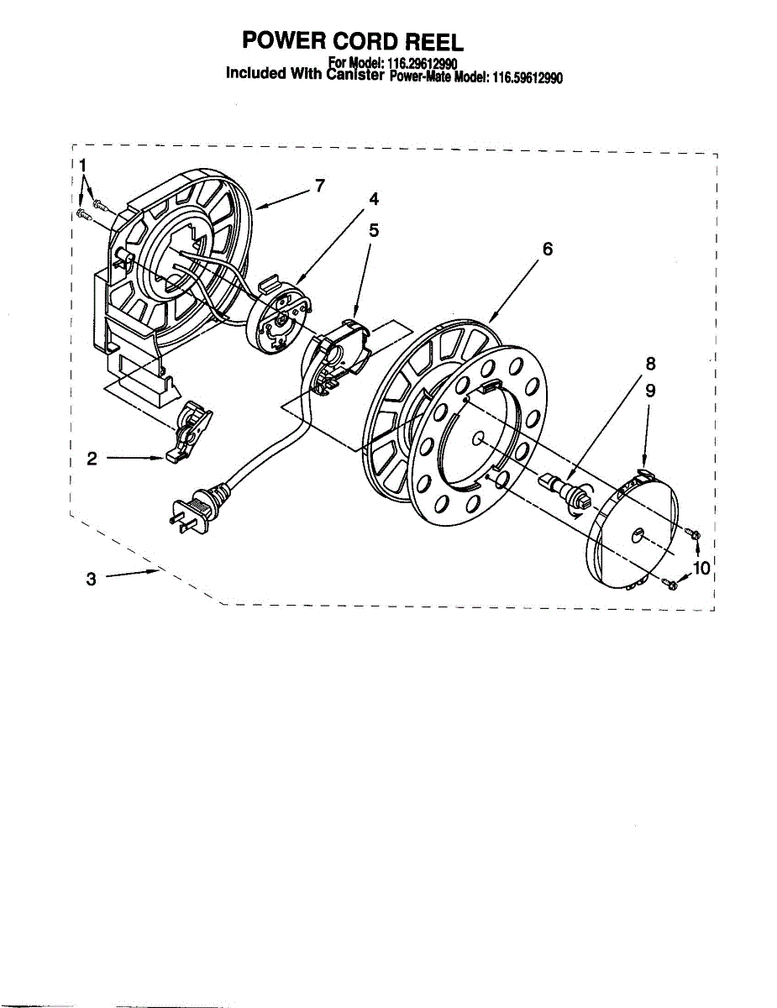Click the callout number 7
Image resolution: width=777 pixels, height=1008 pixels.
[319, 186]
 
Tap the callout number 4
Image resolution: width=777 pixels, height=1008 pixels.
[374, 199]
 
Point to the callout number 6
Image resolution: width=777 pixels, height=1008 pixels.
[547, 249]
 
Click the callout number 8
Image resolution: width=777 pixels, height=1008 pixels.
[650, 364]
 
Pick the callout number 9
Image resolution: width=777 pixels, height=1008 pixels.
[650, 391]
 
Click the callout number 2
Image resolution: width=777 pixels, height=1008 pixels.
[92, 459]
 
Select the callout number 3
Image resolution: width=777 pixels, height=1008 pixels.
[92, 579]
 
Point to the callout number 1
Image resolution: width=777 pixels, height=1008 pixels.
[82, 166]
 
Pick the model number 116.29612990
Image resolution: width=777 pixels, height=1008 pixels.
[421, 63]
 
